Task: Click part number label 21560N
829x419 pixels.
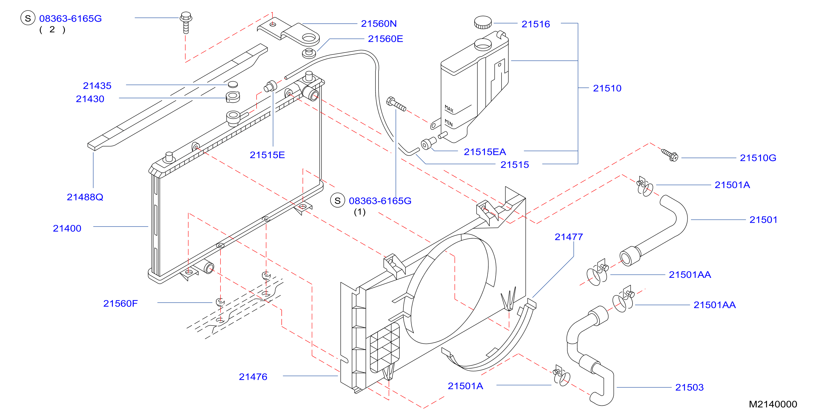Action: click(x=379, y=24)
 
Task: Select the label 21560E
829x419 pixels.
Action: click(x=385, y=39)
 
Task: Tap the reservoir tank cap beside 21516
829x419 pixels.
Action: click(x=483, y=22)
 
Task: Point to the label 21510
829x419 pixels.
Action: click(x=607, y=88)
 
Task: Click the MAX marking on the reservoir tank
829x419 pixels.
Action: click(x=449, y=109)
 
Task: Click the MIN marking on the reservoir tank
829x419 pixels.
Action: click(x=449, y=123)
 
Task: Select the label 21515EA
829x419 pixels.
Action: click(x=485, y=152)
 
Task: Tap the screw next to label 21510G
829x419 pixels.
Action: click(x=670, y=155)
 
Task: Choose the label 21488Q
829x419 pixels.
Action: click(x=85, y=197)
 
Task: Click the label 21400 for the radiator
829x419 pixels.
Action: click(x=67, y=228)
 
